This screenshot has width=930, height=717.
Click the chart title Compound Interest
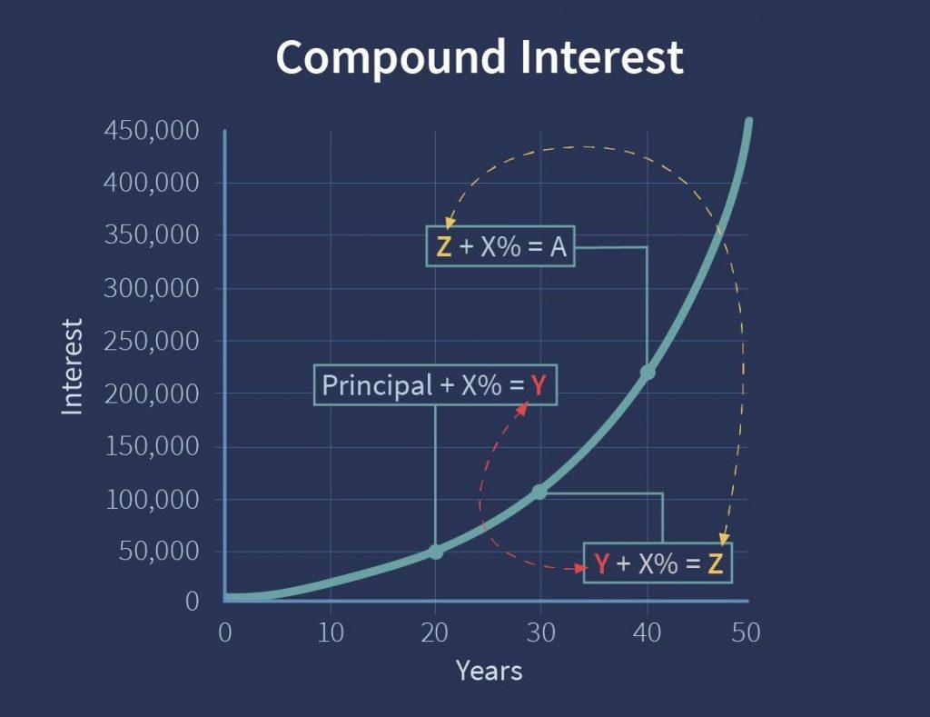[x=480, y=57]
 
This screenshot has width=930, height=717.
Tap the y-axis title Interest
[x=73, y=366]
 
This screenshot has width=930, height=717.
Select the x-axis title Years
[x=490, y=671]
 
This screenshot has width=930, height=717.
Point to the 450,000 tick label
[x=152, y=130]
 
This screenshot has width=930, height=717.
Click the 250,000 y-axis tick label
[x=152, y=341]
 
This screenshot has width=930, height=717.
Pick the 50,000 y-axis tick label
[x=159, y=551]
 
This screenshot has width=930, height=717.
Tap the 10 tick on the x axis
[x=331, y=632]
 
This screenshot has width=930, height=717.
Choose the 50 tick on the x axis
[x=746, y=632]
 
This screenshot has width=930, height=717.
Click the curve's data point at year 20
[x=436, y=552]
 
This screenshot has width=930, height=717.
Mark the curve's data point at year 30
[x=539, y=492]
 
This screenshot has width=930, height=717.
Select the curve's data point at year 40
[x=648, y=373]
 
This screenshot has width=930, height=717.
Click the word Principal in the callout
[x=377, y=386]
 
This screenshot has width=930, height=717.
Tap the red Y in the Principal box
[x=538, y=386]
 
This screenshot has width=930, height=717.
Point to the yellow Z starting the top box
[x=443, y=246]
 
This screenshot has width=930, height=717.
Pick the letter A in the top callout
[x=559, y=246]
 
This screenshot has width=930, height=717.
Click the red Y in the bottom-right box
[x=601, y=563]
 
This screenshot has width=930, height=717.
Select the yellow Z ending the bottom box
[x=716, y=563]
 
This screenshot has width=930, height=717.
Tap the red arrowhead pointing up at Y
[x=522, y=408]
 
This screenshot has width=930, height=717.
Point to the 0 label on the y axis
[x=193, y=602]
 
